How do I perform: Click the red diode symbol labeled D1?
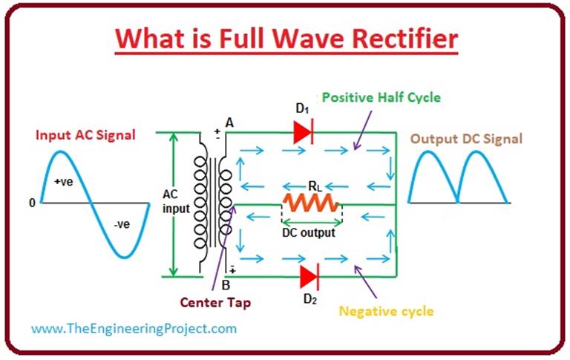[x=304, y=132]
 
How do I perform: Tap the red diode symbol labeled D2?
[x=309, y=276]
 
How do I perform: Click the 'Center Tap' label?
[x=214, y=302]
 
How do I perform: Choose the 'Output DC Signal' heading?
[x=466, y=139]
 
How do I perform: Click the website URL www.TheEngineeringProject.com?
[x=134, y=328]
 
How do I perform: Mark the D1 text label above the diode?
[x=302, y=110]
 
